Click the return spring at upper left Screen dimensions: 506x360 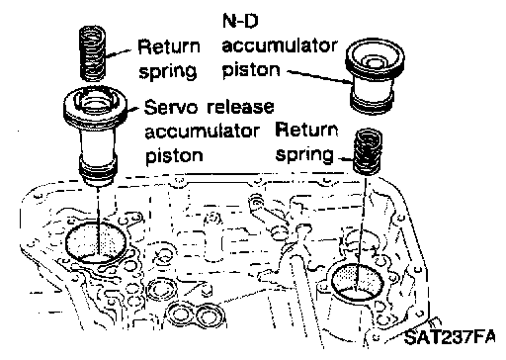click(x=93, y=53)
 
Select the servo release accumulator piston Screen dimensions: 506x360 click(x=96, y=135)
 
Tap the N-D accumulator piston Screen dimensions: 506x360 click(x=375, y=77)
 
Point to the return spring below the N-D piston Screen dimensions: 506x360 click(x=369, y=151)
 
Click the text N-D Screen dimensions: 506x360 click(x=240, y=21)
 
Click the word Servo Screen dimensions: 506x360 click(x=171, y=108)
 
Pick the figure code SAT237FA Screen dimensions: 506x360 click(x=450, y=337)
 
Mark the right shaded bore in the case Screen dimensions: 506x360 click(x=358, y=281)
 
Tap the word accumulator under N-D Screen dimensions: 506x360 click(x=280, y=46)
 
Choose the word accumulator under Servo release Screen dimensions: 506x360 click(x=203, y=132)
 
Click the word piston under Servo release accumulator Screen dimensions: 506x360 click(x=174, y=156)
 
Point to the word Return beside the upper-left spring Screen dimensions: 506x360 click(x=169, y=46)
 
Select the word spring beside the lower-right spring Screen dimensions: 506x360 click(x=304, y=155)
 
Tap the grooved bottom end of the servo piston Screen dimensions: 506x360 click(x=97, y=171)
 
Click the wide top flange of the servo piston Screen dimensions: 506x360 click(x=96, y=105)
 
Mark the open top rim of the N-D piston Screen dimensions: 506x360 click(x=375, y=56)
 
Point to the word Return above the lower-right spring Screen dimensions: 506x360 click(x=307, y=130)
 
